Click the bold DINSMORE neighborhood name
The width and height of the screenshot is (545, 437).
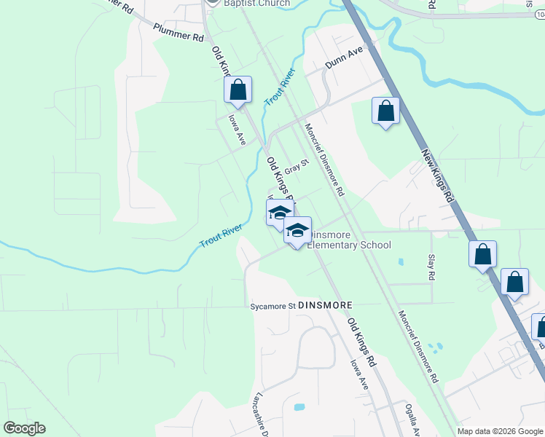pos(326,305)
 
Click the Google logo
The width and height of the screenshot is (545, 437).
pos(24,428)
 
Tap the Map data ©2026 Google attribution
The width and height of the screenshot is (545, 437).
pos(499,431)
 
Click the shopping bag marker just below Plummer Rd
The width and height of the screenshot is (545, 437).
pos(238,91)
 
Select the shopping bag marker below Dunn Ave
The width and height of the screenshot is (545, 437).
pos(385,112)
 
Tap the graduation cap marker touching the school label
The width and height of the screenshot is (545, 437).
pos(297,232)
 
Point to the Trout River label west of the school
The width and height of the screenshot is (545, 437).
pos(221,235)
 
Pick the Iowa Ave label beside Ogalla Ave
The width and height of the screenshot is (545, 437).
pos(359,374)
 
